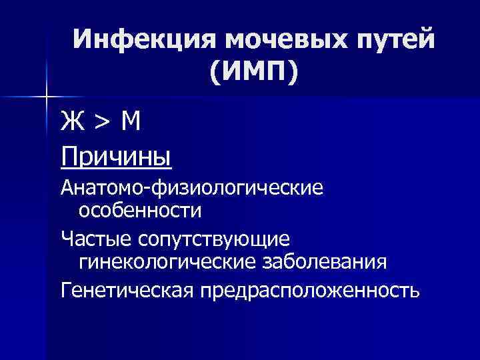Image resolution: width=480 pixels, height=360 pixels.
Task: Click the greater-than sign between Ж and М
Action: point(102,123)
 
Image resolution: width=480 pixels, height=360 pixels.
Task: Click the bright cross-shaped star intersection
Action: point(47,98)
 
